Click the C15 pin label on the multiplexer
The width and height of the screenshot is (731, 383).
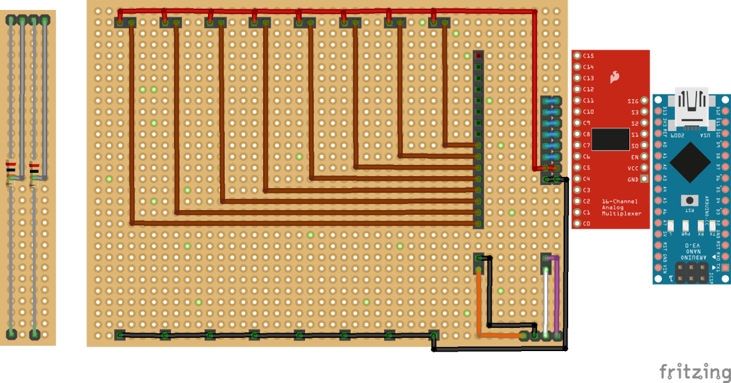[589, 56]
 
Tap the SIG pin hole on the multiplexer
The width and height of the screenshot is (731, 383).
[644, 101]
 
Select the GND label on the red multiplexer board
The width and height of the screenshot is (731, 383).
[633, 180]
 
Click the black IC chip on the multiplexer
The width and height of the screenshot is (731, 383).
[611, 139]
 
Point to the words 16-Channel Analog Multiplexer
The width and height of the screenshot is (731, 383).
[621, 207]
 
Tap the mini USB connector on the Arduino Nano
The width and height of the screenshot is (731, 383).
[691, 109]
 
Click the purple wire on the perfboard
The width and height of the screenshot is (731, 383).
[557, 296]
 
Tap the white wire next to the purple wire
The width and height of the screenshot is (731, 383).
[546, 299]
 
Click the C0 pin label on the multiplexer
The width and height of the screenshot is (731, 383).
[587, 223]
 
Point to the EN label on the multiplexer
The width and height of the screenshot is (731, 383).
[634, 157]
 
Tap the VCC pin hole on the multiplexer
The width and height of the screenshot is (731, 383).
[644, 168]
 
